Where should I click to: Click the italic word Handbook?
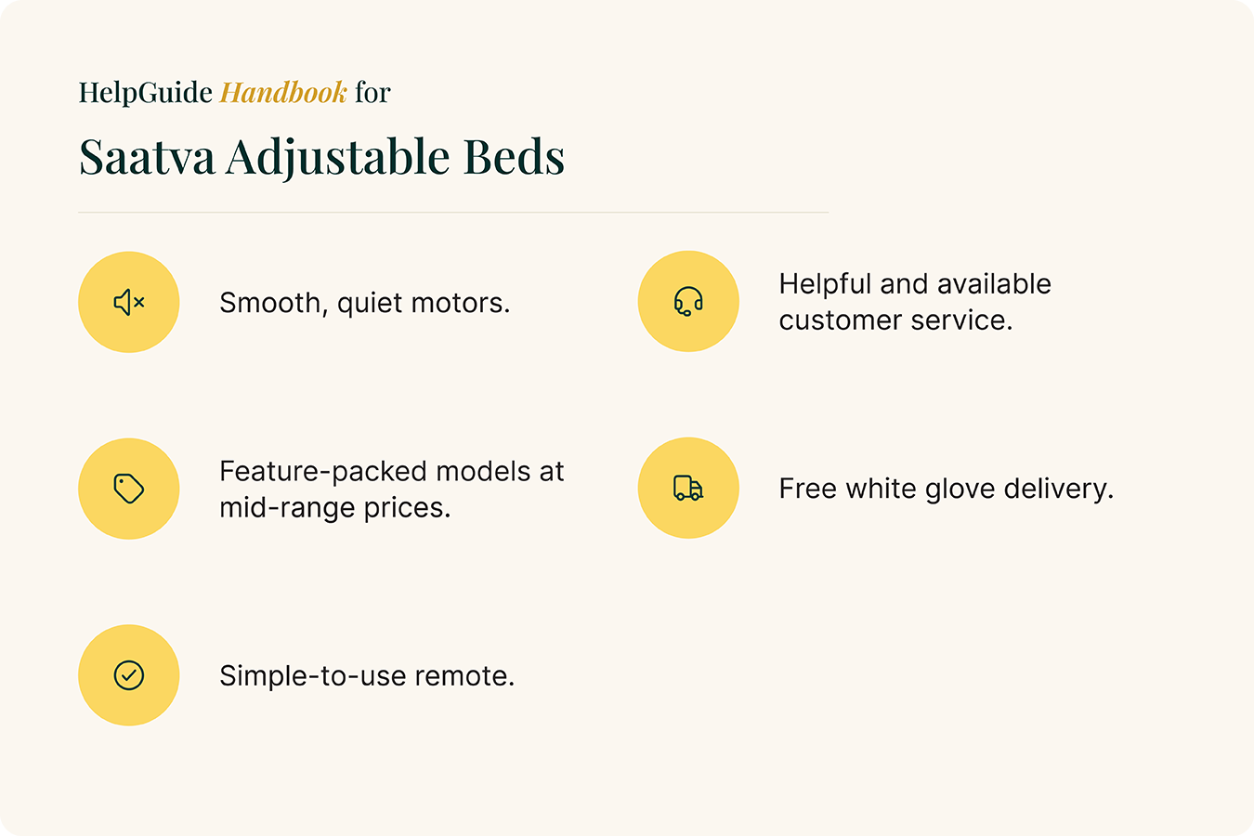[x=283, y=92]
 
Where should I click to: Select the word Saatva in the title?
[x=148, y=157]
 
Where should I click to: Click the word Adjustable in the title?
[x=337, y=159]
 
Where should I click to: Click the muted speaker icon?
[x=129, y=303]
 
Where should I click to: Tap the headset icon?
[x=688, y=301]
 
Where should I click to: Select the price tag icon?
[x=129, y=489]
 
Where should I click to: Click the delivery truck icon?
[x=688, y=488]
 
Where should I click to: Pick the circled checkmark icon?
[x=129, y=675]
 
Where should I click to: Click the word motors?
[x=461, y=303]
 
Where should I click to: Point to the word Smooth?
[x=274, y=304]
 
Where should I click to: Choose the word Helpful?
[x=825, y=285]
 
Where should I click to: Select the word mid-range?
[x=287, y=508]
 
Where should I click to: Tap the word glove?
[x=960, y=490]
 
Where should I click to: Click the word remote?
[x=464, y=676]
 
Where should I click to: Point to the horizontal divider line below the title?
[x=453, y=213]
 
